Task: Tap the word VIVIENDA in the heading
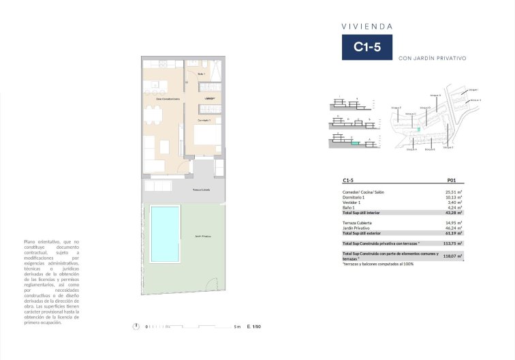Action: tap(366, 27)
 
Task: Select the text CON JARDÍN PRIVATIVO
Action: tap(432, 59)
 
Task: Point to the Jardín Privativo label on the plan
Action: tap(202, 236)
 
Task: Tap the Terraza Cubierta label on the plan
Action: tap(201, 190)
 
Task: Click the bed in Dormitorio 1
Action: tap(206, 136)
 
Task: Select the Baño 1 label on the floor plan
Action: tap(202, 74)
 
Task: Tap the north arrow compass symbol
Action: tap(137, 327)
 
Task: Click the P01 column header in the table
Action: tap(450, 181)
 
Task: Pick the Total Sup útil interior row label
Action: tap(361, 213)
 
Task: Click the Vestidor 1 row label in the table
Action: tap(352, 202)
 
